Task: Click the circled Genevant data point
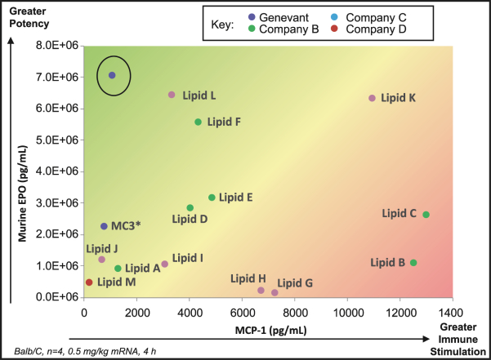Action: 112,75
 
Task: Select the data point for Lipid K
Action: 373,98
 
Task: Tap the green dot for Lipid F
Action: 198,122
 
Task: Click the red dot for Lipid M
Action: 89,282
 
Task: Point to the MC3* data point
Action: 104,226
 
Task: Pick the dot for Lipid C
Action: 426,215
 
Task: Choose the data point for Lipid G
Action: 275,292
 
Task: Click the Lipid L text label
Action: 199,96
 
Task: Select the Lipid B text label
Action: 388,263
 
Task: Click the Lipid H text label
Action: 248,278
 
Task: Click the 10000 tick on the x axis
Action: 347,311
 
